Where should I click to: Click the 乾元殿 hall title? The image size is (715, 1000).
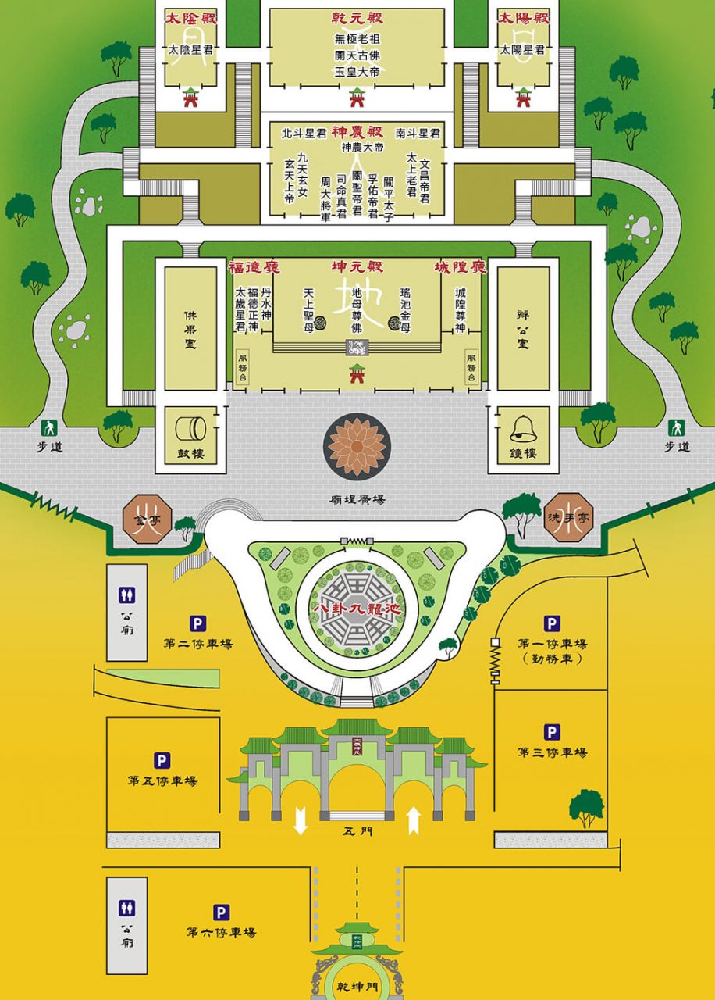coord(357,17)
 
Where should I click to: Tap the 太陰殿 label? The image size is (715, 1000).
coord(190,17)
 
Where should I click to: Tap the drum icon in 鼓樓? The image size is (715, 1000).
coord(190,429)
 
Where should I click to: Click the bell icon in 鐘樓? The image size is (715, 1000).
coord(522,429)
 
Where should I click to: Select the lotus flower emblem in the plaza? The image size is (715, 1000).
coord(357,447)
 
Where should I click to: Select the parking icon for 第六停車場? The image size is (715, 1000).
coord(222,912)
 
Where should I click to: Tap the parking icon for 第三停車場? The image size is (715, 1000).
coord(552,732)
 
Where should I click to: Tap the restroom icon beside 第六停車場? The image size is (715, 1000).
coord(126,908)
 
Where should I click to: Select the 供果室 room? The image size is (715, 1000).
coord(190,328)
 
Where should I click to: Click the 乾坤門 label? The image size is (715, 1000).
coord(357,987)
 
